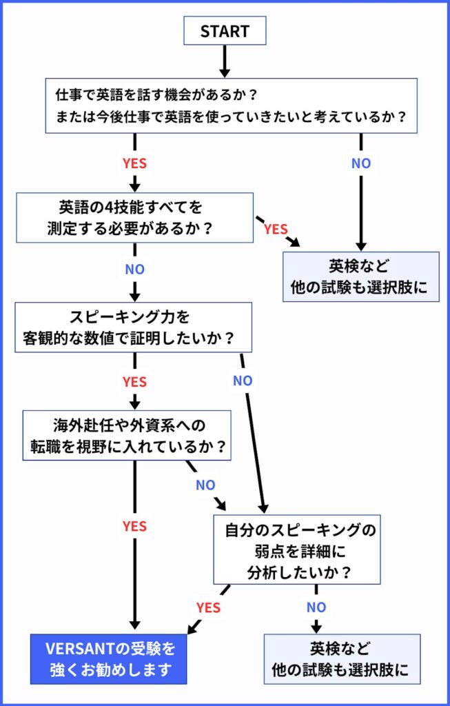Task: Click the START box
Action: (224, 31)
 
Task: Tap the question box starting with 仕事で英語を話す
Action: (232, 105)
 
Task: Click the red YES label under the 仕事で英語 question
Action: (134, 164)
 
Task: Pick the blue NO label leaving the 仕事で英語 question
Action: (361, 163)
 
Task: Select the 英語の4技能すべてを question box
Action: (135, 216)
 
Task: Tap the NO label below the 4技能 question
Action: (134, 269)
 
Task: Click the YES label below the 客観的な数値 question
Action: (134, 381)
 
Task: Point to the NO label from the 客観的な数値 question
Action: (243, 381)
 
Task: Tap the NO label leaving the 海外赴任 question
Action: (205, 485)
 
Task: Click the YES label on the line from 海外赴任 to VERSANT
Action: (134, 526)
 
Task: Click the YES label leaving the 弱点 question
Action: (208, 607)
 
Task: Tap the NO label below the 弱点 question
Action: (316, 607)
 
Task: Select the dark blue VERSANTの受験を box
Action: (108, 658)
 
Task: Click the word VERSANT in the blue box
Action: (73, 649)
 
